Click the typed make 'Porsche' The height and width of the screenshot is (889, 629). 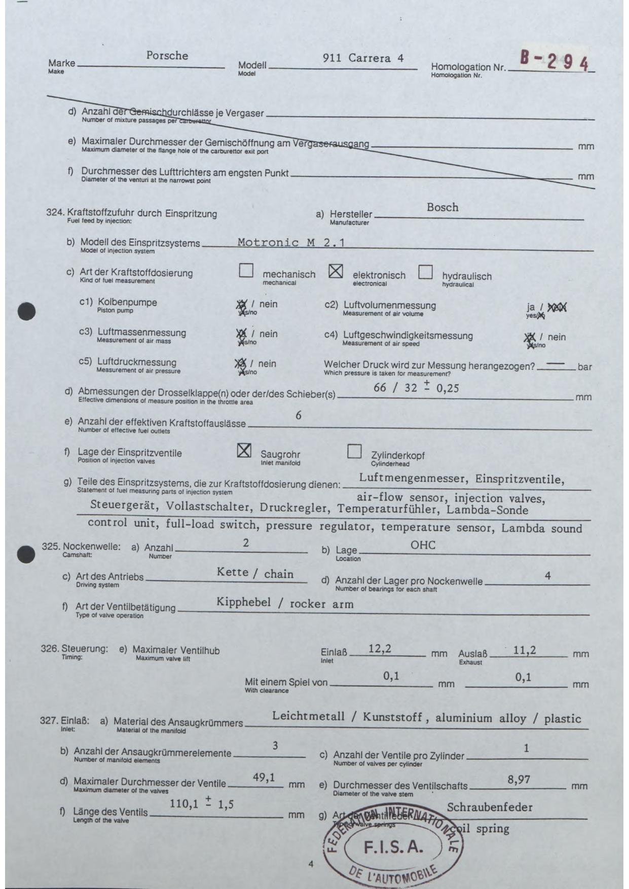pyautogui.click(x=167, y=56)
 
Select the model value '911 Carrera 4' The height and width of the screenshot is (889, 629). pyautogui.click(x=363, y=58)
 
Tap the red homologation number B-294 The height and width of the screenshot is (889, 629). pyautogui.click(x=554, y=62)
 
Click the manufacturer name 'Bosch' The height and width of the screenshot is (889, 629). pyautogui.click(x=442, y=207)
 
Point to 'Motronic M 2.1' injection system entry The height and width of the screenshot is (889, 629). pyautogui.click(x=291, y=242)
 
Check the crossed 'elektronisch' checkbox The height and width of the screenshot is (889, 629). pyautogui.click(x=336, y=271)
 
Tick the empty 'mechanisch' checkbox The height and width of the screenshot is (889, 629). pyautogui.click(x=246, y=271)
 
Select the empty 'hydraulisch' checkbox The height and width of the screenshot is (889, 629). pyautogui.click(x=425, y=272)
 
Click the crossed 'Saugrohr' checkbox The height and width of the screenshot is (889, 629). pyautogui.click(x=244, y=450)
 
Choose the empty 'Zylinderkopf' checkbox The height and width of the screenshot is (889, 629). pyautogui.click(x=354, y=451)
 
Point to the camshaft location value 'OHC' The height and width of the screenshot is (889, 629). pyautogui.click(x=423, y=545)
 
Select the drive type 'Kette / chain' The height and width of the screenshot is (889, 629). pyautogui.click(x=255, y=573)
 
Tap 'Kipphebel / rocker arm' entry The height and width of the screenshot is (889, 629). pyautogui.click(x=285, y=603)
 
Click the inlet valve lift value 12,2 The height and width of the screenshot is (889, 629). pyautogui.click(x=380, y=648)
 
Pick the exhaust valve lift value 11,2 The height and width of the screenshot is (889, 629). pyautogui.click(x=524, y=650)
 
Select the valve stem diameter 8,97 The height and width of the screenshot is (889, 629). pyautogui.click(x=519, y=780)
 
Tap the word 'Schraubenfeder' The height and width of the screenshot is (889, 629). pyautogui.click(x=490, y=807)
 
